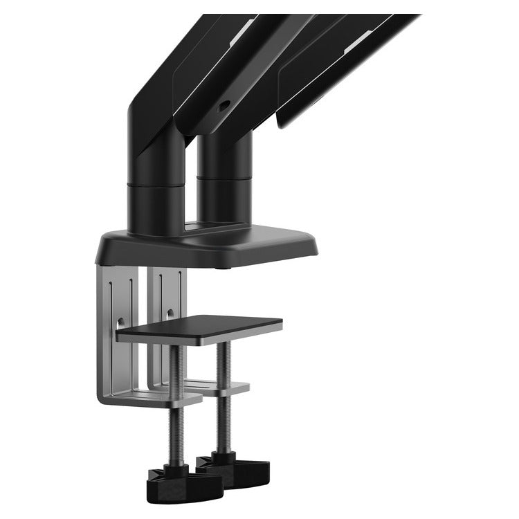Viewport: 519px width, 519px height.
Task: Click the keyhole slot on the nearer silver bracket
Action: coord(122,322)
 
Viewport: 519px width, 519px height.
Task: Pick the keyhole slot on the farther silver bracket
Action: coord(168,313)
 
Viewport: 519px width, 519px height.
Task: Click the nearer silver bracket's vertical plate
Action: coord(114,332)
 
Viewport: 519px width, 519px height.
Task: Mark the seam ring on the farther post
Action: coord(224,178)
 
